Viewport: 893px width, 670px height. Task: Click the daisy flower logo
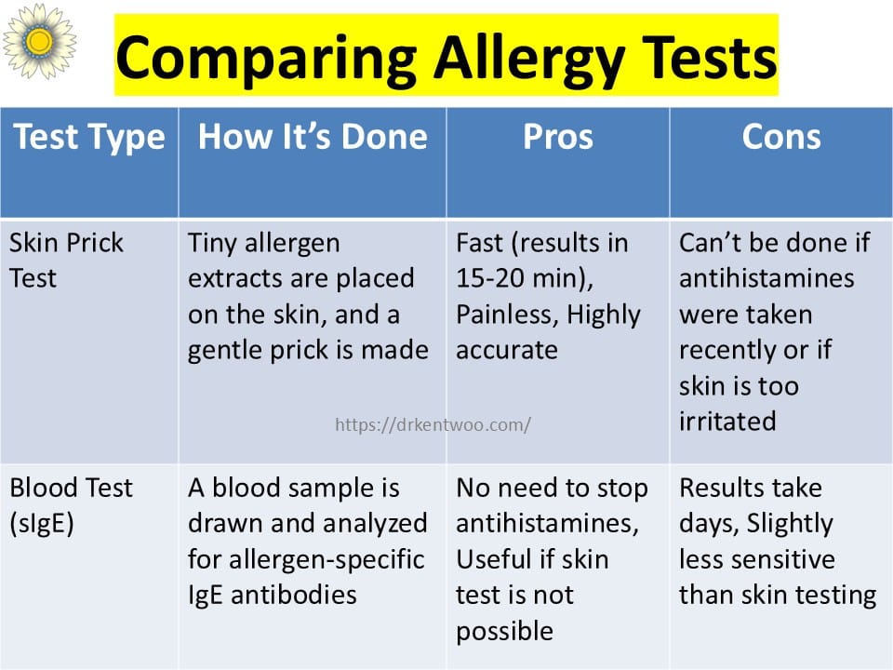tap(39, 41)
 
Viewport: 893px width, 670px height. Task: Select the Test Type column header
tap(89, 138)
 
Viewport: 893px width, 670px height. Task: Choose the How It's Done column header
tap(313, 137)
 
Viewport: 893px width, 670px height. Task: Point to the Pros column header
tap(558, 137)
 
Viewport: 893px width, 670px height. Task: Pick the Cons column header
tap(781, 137)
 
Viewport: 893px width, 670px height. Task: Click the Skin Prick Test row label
tap(66, 261)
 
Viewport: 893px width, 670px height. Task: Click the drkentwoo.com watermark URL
tap(433, 424)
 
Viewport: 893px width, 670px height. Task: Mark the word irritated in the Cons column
tap(727, 422)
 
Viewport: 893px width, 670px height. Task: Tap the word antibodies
tap(294, 596)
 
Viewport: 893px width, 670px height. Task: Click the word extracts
tap(235, 279)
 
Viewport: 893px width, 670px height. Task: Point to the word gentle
tap(224, 351)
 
